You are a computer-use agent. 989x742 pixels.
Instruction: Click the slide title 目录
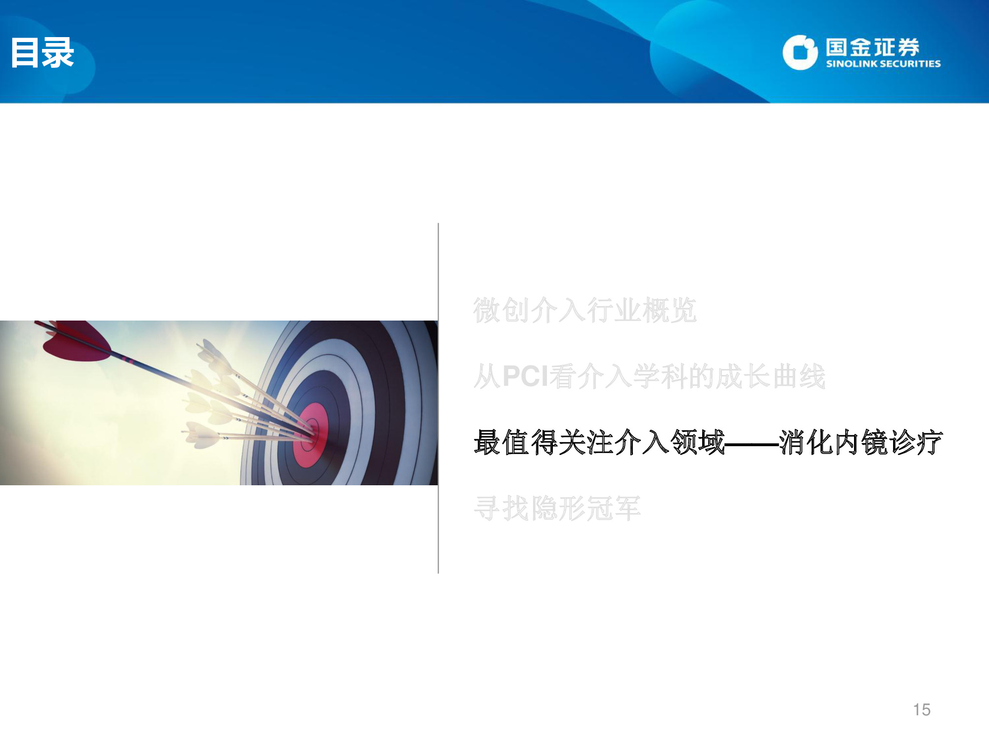43,52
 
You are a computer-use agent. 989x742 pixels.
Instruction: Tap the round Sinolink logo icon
800,52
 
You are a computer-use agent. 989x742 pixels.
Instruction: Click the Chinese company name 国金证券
872,47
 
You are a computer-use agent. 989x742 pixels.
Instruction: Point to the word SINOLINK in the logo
852,64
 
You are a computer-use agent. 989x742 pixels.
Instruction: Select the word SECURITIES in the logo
911,64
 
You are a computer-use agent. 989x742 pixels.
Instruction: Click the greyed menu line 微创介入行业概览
585,311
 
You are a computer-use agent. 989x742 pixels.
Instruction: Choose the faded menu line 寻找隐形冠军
557,509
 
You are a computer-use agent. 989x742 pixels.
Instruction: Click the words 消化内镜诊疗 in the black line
861,442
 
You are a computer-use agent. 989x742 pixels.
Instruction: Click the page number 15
922,710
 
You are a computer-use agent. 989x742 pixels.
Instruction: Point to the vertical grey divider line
438,398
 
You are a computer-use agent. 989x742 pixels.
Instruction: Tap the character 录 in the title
58,52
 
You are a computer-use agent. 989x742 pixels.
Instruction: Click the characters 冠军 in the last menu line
613,509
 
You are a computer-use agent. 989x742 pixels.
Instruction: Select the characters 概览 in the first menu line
670,311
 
